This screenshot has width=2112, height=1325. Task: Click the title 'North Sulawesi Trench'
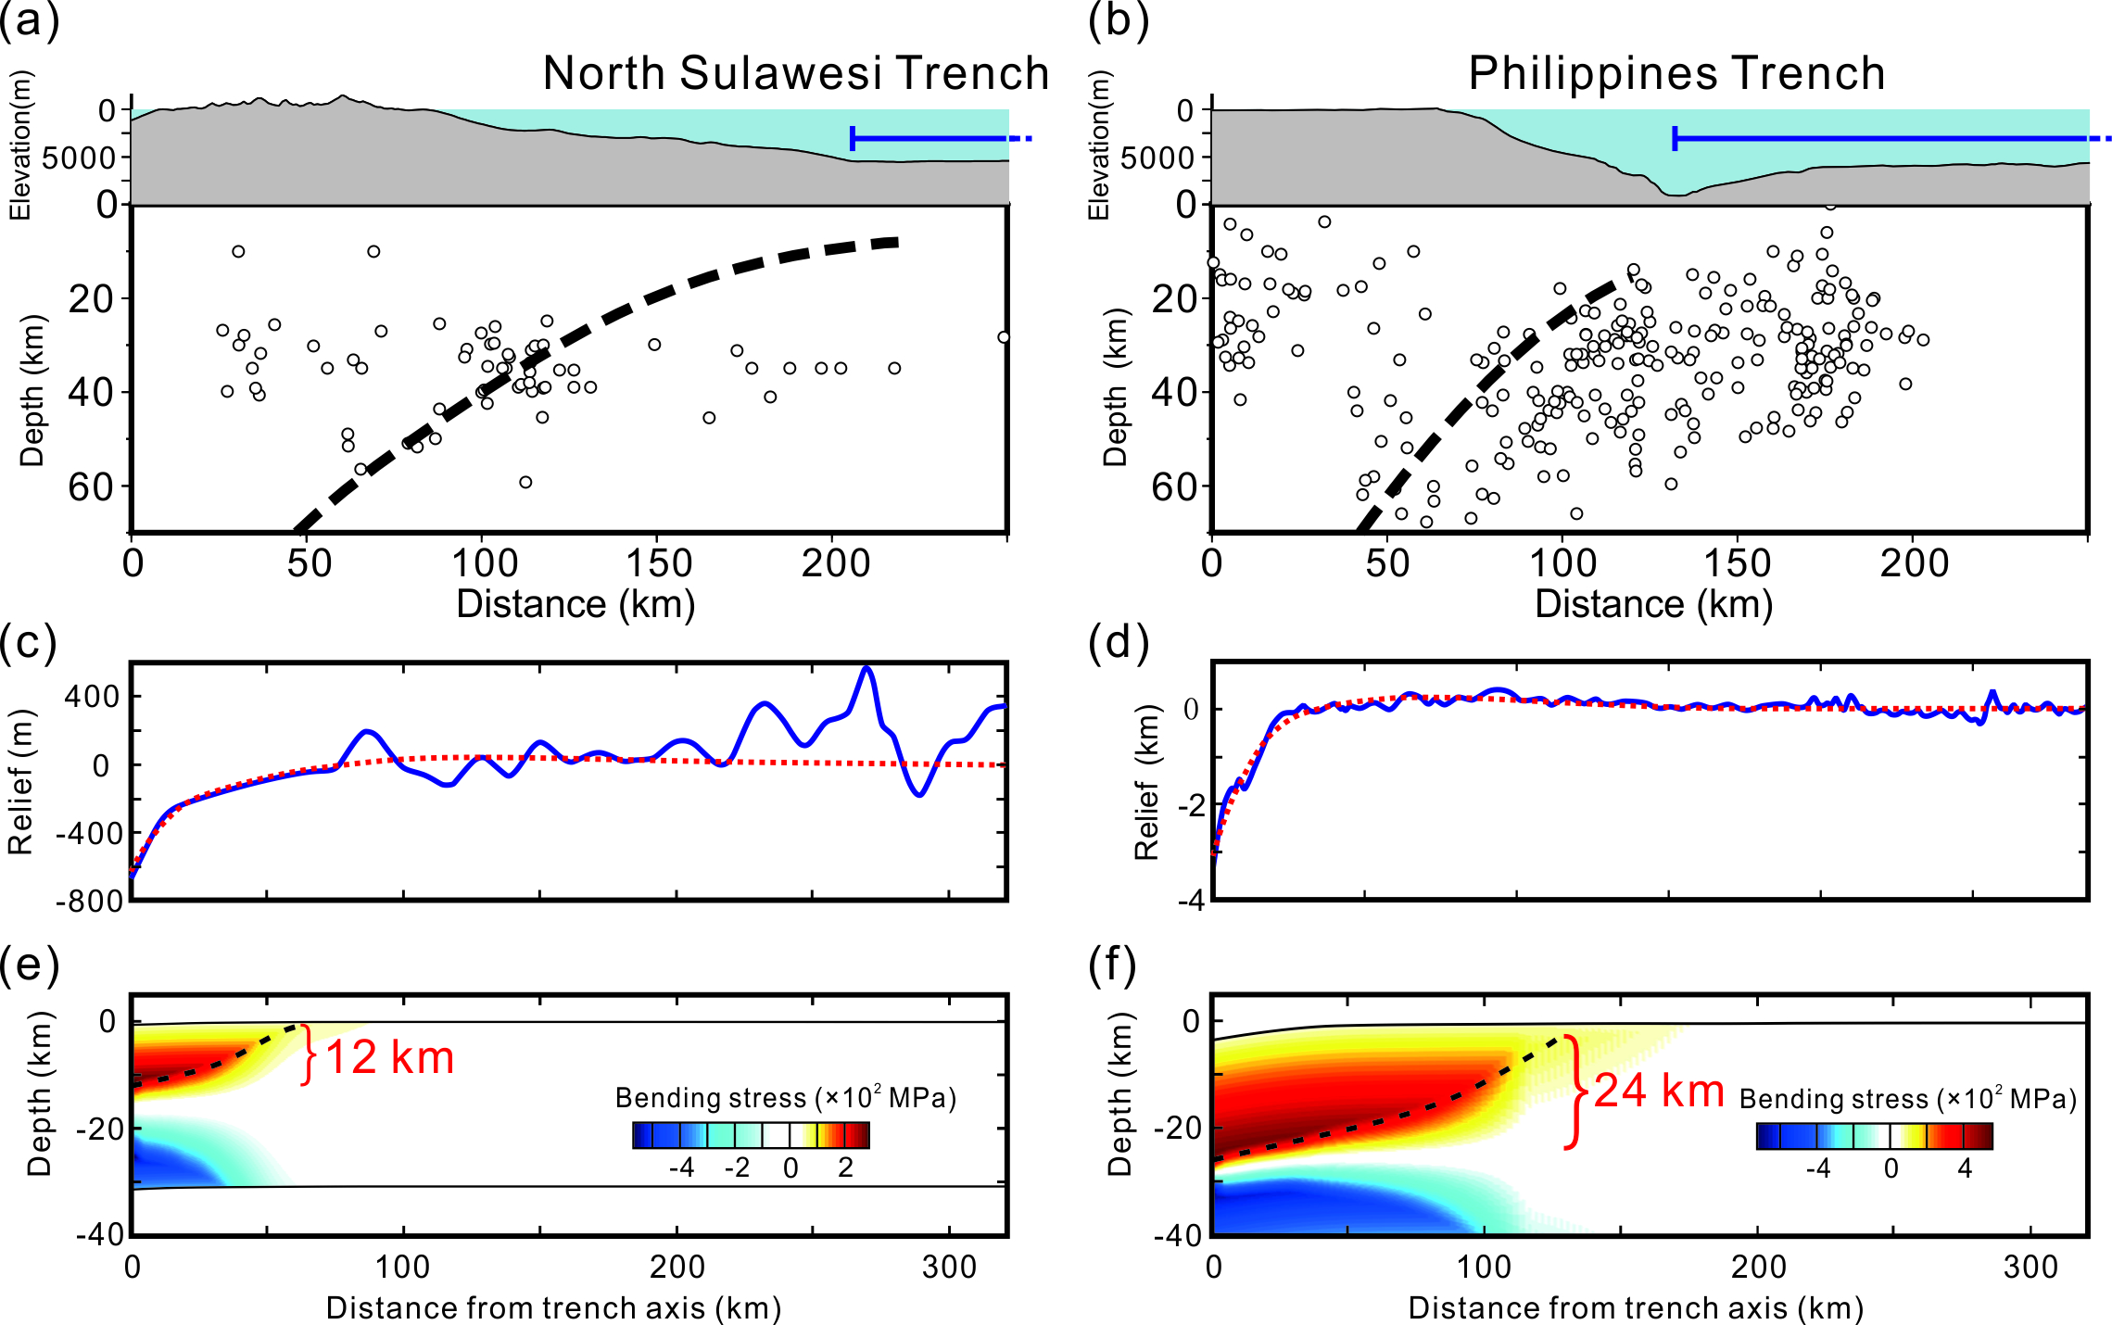pos(795,73)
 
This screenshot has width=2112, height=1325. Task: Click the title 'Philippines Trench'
pos(1676,73)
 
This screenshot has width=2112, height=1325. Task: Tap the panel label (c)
pos(29,642)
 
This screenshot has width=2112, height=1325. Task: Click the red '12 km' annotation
pos(389,1057)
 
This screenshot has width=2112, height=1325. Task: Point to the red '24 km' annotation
pos(1658,1091)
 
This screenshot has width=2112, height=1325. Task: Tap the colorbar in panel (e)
pos(751,1135)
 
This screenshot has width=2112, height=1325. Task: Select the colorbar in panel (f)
pos(1874,1136)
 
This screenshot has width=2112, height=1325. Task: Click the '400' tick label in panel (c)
pos(93,696)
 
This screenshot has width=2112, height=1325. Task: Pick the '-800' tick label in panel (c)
pos(89,902)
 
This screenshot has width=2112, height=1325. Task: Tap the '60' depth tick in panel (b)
pos(1175,486)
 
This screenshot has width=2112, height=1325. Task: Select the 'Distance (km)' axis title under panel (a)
pos(575,604)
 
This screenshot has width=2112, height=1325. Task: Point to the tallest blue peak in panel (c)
pos(866,668)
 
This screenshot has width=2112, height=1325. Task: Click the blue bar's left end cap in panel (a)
pos(853,139)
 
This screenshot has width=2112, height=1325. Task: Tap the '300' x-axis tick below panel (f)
pos(2030,1267)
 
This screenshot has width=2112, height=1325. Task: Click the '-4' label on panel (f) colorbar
pos(1817,1168)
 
